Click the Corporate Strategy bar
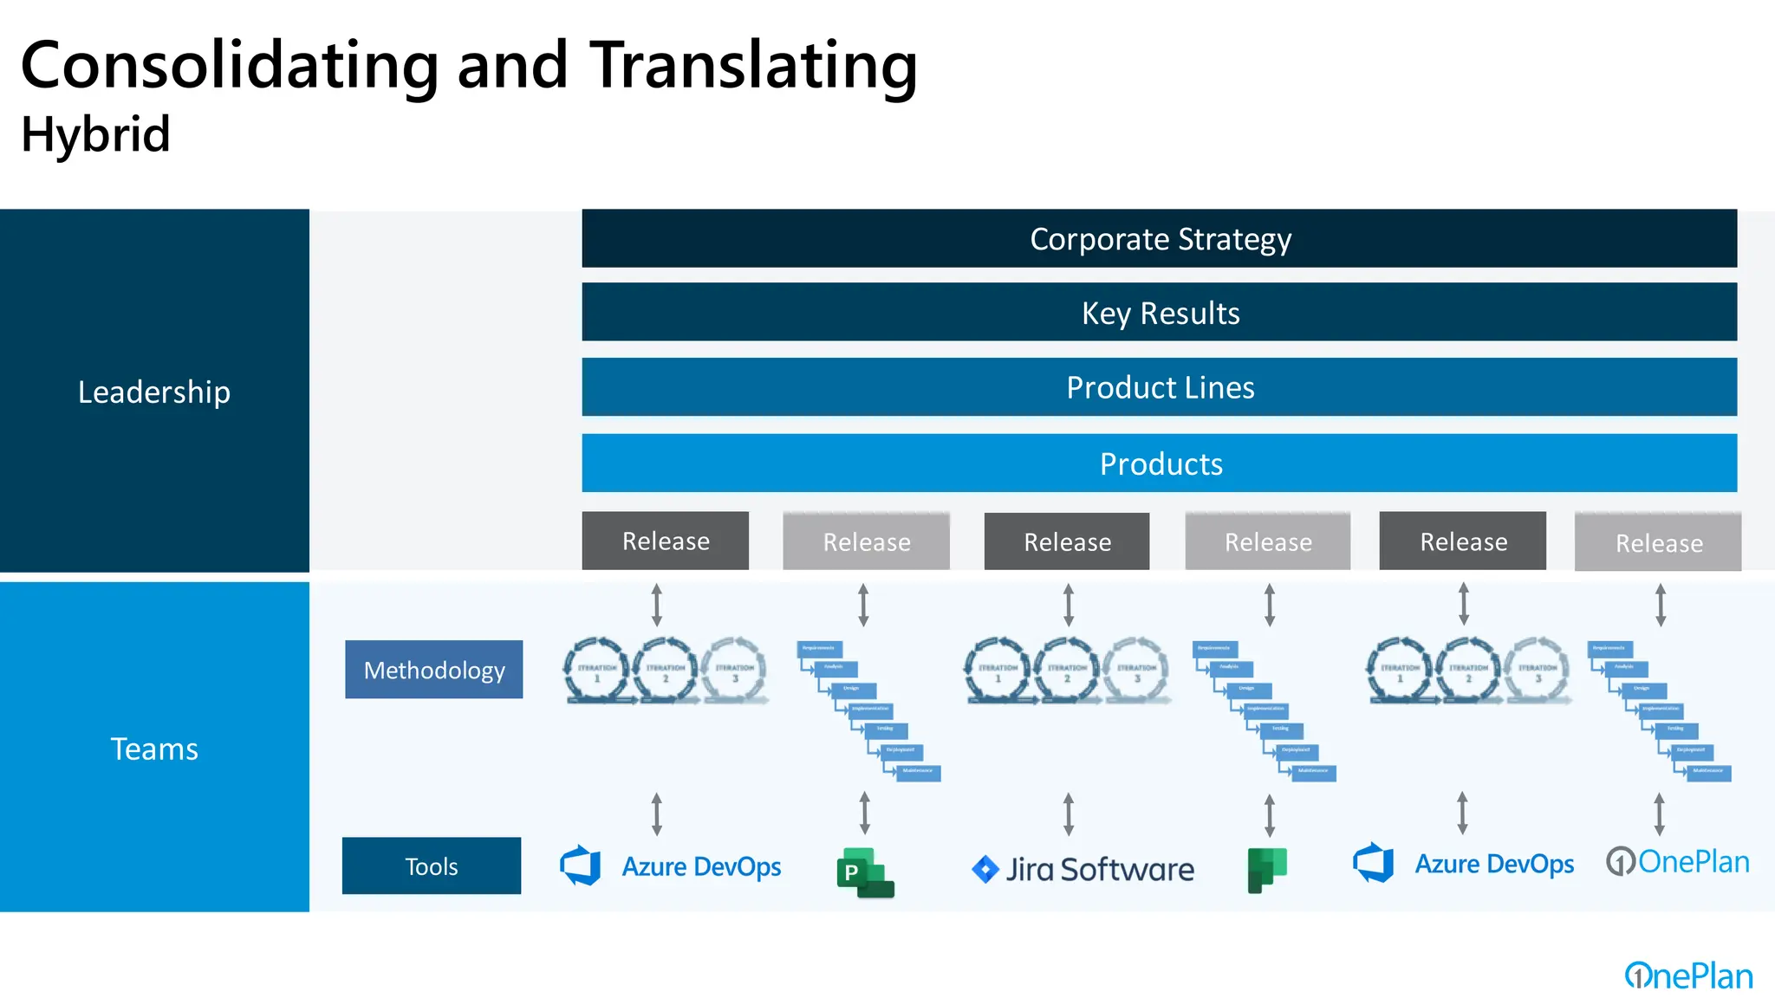tap(1159, 238)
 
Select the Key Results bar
tap(1159, 312)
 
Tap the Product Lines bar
tap(1159, 387)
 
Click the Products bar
tap(1159, 463)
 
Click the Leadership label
tap(154, 392)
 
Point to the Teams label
tap(154, 748)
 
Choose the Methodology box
tap(433, 670)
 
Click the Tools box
tap(432, 865)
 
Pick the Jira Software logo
tap(1083, 869)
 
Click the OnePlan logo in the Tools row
tap(1678, 861)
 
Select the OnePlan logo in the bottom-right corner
tap(1688, 975)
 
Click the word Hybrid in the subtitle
tap(95, 134)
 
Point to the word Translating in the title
tap(753, 66)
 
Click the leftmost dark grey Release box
tap(665, 541)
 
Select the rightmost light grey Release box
tap(1658, 542)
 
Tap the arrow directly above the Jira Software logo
tap(1069, 813)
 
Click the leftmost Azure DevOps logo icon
tap(581, 865)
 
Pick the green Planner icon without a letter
tap(1266, 870)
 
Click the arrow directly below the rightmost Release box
tap(1661, 605)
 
